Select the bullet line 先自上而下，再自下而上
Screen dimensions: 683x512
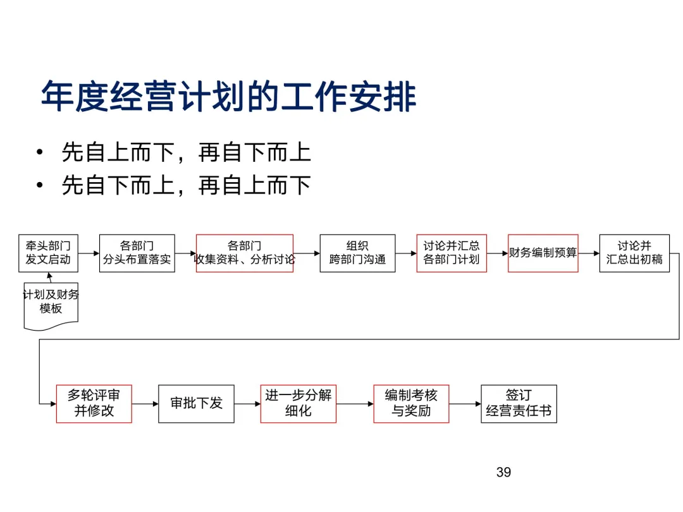[x=186, y=152]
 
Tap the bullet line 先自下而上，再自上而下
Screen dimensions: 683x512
[x=186, y=185]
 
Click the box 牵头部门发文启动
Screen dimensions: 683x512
[x=48, y=253]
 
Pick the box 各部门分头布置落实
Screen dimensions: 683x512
[x=137, y=253]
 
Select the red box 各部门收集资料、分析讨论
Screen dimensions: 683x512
[x=244, y=253]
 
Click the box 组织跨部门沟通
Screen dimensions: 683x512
[x=357, y=253]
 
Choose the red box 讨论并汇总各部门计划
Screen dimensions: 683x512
[x=452, y=253]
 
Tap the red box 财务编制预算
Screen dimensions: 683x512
[x=543, y=253]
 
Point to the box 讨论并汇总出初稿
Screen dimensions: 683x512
[x=634, y=253]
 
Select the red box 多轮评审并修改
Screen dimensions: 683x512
[x=94, y=403]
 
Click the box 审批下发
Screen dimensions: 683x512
[x=196, y=403]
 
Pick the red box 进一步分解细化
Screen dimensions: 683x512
[x=298, y=403]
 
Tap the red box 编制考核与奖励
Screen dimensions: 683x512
[x=411, y=403]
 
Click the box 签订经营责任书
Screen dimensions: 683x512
[x=519, y=403]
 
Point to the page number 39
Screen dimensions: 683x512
[x=503, y=472]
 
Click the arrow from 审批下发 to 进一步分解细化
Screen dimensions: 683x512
[x=247, y=403]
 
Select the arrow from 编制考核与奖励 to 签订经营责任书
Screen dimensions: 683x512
[x=465, y=403]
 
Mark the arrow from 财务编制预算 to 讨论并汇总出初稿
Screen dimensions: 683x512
[x=589, y=253]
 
